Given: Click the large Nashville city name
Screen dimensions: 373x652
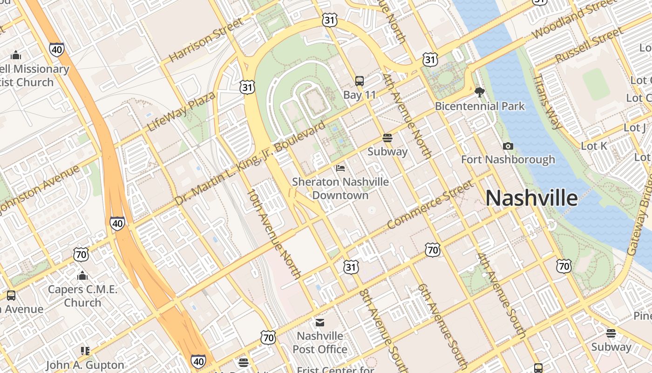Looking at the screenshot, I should tap(531, 198).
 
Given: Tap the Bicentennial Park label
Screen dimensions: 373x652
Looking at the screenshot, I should tap(480, 106).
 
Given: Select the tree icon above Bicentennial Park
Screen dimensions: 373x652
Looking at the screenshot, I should tap(480, 92).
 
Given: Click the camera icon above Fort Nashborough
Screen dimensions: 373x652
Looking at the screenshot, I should tap(508, 146).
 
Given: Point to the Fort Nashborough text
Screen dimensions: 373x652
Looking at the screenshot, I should tap(508, 160).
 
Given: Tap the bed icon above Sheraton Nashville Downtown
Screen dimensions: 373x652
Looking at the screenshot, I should tap(340, 168).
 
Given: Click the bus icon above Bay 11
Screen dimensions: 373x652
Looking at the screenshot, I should tap(360, 81).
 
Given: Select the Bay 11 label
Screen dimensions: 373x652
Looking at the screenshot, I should tap(360, 95).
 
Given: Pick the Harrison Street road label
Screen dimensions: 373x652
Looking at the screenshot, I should tap(206, 40).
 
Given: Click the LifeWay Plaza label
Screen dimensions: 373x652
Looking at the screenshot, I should tap(182, 111).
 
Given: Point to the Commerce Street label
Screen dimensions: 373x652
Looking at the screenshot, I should tap(430, 205).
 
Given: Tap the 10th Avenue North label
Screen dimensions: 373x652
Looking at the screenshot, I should tap(273, 233).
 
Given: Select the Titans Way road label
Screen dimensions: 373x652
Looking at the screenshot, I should tap(548, 101).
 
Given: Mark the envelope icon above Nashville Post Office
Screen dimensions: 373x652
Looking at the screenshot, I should tap(320, 323).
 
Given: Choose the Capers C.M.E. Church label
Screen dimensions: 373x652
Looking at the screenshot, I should tap(82, 296).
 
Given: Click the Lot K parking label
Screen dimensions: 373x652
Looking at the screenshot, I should tap(594, 146).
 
